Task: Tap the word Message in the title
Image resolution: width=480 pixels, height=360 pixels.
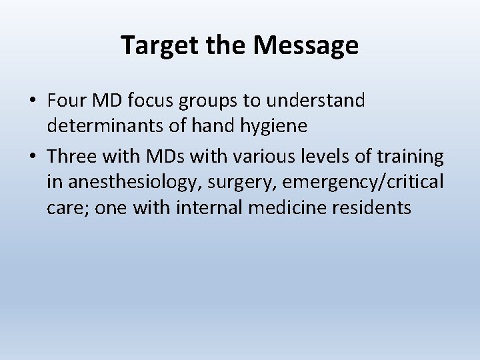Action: pos(306,46)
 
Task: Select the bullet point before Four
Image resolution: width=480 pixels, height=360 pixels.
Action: pos(33,101)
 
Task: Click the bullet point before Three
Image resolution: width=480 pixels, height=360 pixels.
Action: pos(33,157)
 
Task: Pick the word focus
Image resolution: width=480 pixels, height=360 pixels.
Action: pos(147,101)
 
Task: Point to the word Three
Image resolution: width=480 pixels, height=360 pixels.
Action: pos(72,157)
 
